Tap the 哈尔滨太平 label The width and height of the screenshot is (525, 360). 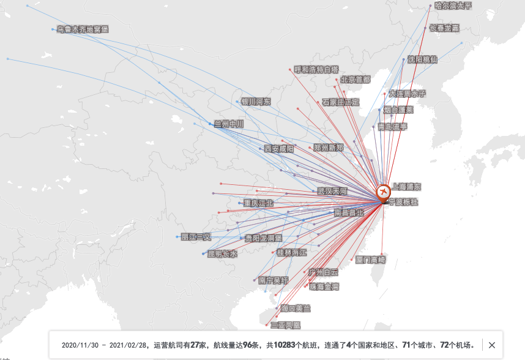pos(453,6)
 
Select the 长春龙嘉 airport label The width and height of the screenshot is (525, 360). pos(444,28)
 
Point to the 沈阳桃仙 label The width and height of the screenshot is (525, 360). pos(423,59)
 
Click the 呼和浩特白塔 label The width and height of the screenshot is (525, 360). pos(316,69)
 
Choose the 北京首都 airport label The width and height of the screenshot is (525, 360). pos(356,79)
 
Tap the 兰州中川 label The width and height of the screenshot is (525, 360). pos(229,124)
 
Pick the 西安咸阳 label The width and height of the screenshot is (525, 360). pos(278,148)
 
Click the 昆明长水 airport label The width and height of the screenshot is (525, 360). pos(222,253)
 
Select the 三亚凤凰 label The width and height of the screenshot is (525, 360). pos(286,325)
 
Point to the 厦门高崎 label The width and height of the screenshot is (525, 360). pos(371,260)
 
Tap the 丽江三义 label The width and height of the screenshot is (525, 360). pos(196,236)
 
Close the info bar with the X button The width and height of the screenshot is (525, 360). pos(492,345)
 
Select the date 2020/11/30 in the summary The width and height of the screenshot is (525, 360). pos(80,345)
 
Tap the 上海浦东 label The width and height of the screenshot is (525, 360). pos(406,186)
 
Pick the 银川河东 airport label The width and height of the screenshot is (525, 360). pos(256,102)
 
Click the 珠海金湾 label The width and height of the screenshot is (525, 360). pos(324,287)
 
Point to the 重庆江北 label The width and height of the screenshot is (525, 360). pos(258,203)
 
